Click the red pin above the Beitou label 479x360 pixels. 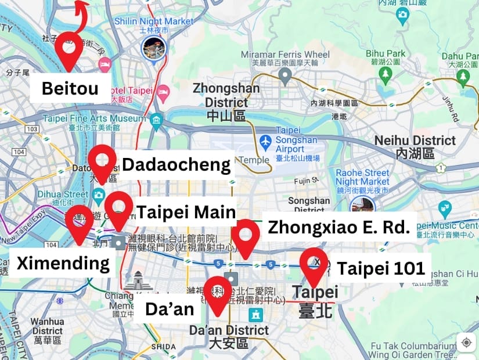(x=70, y=49)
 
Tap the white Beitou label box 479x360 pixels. (x=70, y=89)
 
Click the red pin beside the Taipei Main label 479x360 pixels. (x=118, y=208)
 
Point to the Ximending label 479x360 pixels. (x=63, y=263)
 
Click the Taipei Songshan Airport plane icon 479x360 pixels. (x=265, y=141)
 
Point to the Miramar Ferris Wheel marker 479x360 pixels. (x=284, y=74)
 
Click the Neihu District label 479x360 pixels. (x=415, y=146)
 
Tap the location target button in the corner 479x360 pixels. (x=466, y=343)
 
